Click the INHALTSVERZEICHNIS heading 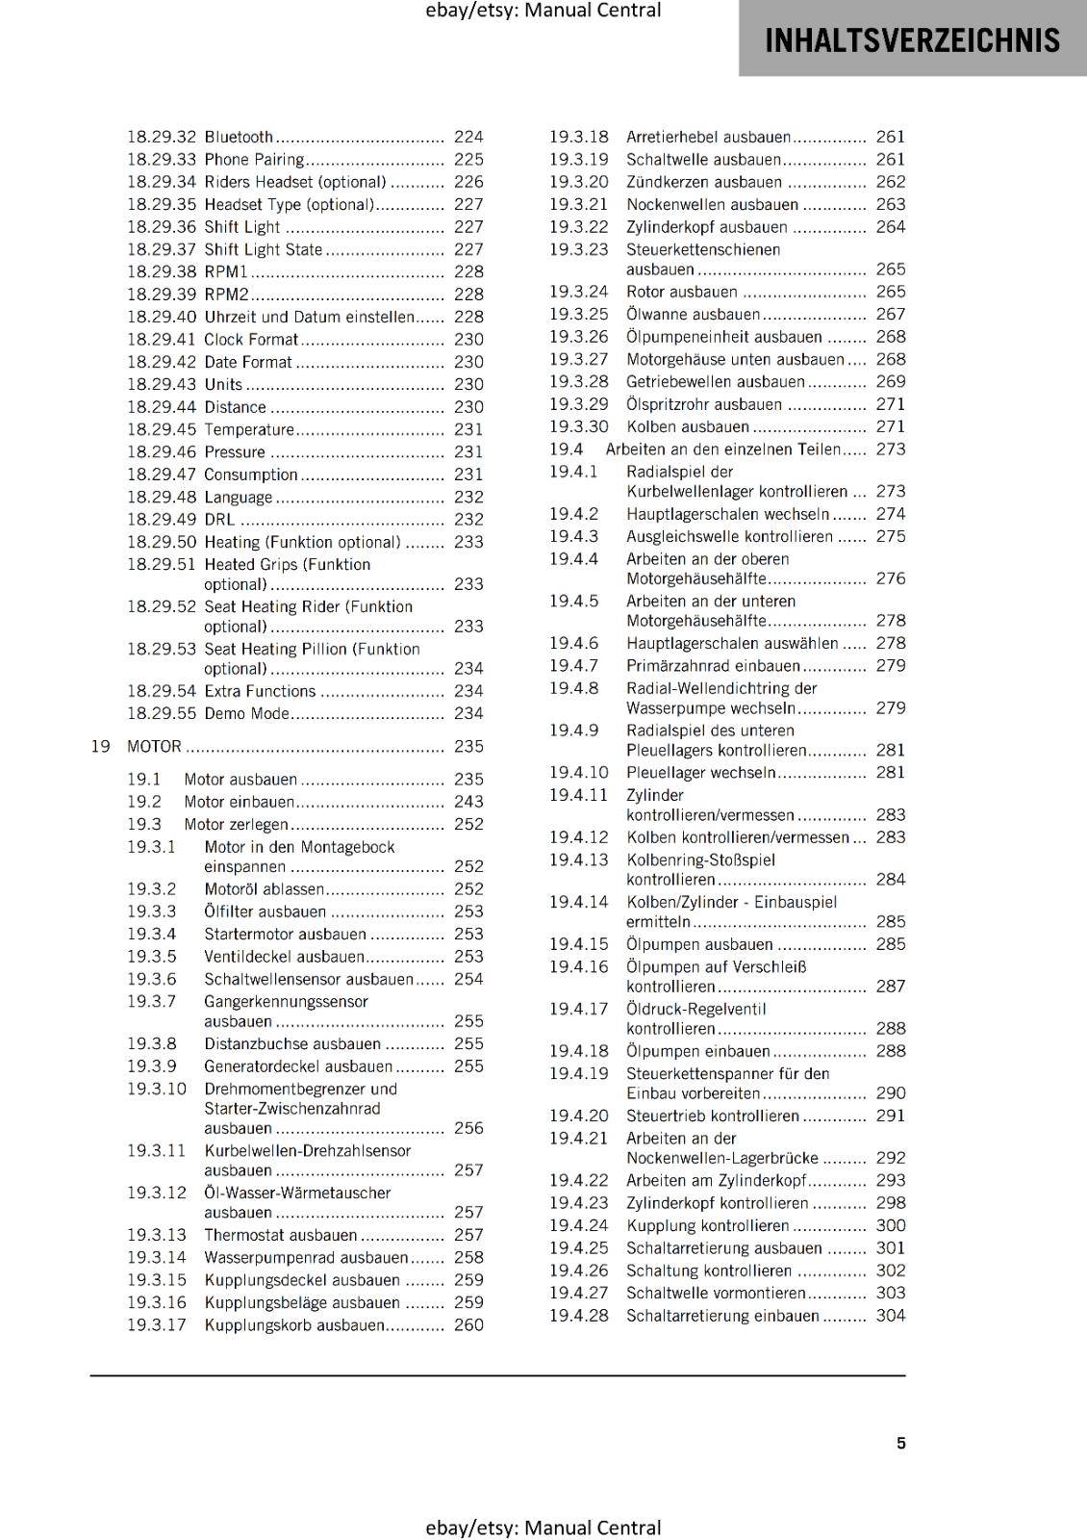[912, 40]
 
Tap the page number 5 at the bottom [900, 1443]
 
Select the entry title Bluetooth [239, 137]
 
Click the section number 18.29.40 [162, 317]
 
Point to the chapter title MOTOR [154, 746]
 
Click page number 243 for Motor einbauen [468, 802]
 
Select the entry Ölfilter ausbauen [265, 911]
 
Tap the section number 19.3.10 [157, 1089]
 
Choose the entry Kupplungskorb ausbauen [293, 1325]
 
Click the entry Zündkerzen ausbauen [704, 182]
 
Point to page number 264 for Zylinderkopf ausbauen [890, 227]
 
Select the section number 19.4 [566, 449]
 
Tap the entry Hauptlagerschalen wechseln [727, 514]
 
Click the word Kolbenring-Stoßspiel [700, 860]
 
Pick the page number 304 [890, 1316]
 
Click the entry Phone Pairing [253, 160]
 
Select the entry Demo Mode [246, 713]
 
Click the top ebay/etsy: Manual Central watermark [543, 11]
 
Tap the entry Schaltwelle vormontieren [716, 1293]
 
